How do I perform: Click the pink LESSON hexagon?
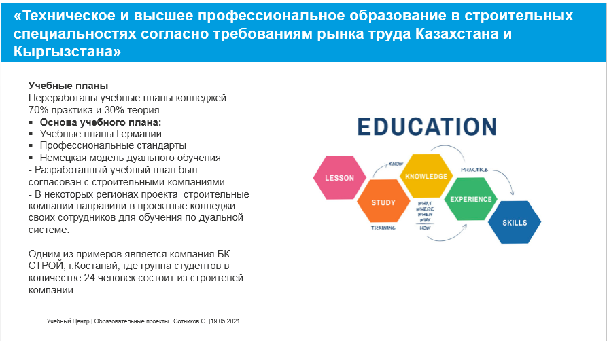pos(339,178)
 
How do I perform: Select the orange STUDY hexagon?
pos(383,202)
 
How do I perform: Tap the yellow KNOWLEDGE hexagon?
pos(426,176)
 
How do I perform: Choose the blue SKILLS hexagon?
pos(515,223)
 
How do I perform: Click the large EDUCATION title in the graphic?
pos(427,127)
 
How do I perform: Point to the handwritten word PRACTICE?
pos(474,169)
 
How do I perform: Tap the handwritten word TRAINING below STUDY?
pos(383,228)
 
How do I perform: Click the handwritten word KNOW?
pos(396,164)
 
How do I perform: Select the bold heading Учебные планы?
pos(68,86)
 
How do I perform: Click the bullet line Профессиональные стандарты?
pos(113,145)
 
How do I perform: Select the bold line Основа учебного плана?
pos(101,122)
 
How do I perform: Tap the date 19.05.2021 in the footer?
pos(226,320)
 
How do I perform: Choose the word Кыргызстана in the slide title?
pos(67,52)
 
